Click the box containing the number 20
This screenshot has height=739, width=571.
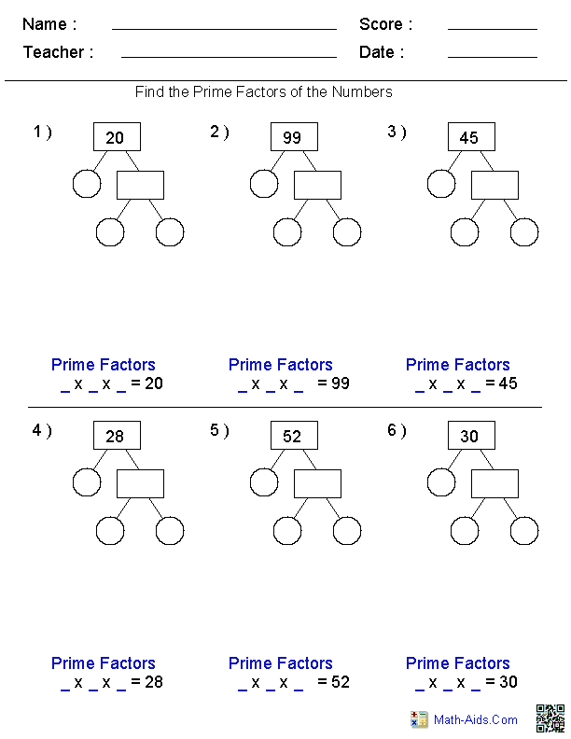tap(117, 137)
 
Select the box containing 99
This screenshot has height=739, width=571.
tap(294, 137)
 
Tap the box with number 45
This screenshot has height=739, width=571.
tap(471, 137)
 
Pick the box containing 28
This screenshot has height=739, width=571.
tap(117, 436)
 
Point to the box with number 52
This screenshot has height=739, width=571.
tap(294, 436)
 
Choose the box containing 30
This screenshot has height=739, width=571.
tap(471, 436)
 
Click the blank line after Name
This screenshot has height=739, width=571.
tap(224, 28)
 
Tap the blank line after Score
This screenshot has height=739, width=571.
tap(492, 28)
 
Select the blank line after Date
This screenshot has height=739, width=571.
tap(492, 56)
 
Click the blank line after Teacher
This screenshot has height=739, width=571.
tap(229, 56)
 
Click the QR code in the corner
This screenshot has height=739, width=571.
tap(550, 718)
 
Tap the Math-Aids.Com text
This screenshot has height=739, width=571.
tap(476, 719)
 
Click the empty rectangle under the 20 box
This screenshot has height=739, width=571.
tap(140, 185)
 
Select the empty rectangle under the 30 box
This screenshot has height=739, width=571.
tap(494, 483)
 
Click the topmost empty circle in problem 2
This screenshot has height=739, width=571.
tap(264, 184)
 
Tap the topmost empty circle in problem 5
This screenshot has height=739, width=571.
tap(264, 482)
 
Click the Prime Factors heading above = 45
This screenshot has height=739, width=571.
tap(458, 365)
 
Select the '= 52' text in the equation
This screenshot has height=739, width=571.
tap(333, 682)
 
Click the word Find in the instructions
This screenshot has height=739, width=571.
tap(150, 91)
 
